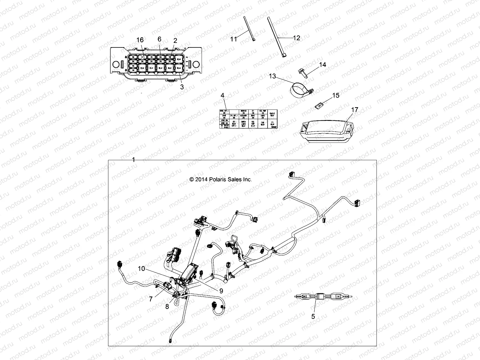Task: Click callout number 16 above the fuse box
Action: [x=140, y=40]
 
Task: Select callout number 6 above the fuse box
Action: [x=159, y=39]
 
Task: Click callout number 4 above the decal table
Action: [x=222, y=95]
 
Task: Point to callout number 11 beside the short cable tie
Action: [x=234, y=39]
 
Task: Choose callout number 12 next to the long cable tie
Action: [x=296, y=38]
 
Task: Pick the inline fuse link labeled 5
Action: [x=322, y=297]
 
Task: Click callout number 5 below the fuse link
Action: [x=313, y=316]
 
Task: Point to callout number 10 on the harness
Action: [x=141, y=268]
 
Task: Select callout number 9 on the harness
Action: [x=221, y=290]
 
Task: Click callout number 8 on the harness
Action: [x=167, y=306]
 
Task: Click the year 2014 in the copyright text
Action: [x=202, y=179]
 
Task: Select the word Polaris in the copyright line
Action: [x=218, y=179]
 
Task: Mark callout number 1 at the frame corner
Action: [x=133, y=160]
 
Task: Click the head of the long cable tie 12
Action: [x=284, y=55]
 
